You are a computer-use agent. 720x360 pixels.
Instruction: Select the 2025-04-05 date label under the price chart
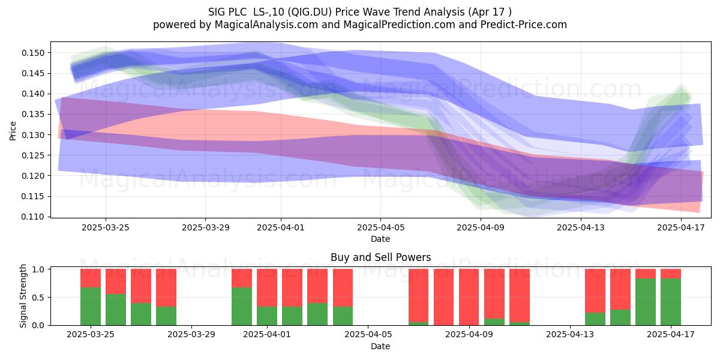380,227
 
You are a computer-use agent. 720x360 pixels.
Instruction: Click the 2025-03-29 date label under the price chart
205,227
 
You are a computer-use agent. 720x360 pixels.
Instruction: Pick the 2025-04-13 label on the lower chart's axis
570,334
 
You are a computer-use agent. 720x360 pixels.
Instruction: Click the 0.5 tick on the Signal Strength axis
38,298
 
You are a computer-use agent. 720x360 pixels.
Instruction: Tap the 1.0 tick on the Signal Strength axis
38,269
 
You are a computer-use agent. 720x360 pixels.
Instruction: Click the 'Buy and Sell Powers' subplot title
380,257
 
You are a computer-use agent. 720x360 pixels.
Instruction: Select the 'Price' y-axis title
13,131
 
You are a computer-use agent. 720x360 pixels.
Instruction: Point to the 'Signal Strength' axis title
23,296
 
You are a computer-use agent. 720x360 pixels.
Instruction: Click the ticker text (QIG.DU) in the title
310,12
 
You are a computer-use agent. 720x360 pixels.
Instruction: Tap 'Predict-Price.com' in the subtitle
524,25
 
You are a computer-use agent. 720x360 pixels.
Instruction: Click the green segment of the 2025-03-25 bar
91,307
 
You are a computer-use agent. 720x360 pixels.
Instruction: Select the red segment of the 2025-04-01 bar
267,287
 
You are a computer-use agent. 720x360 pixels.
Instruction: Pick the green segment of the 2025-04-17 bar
671,302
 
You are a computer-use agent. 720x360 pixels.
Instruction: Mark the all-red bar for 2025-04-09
469,297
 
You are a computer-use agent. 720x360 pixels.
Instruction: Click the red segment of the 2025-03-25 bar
91,278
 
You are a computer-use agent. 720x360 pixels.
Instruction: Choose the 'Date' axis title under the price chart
380,239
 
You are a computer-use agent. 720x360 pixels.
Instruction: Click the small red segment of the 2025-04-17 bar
671,274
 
